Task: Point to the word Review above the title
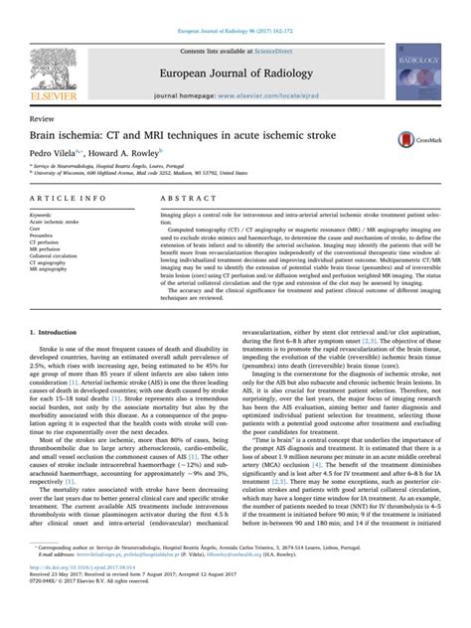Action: coord(43,116)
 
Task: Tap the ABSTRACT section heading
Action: coord(180,199)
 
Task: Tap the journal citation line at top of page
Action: coord(235,8)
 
